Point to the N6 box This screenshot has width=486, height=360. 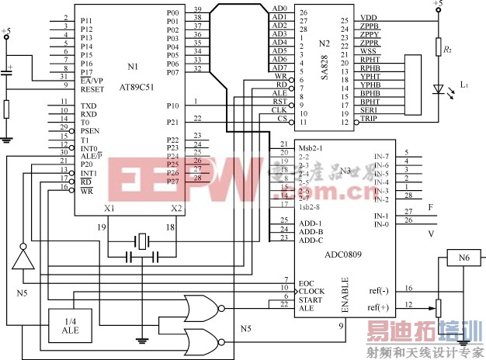tap(463, 258)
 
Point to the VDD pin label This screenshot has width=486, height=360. tap(369, 18)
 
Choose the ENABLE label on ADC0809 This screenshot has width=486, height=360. tap(344, 297)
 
